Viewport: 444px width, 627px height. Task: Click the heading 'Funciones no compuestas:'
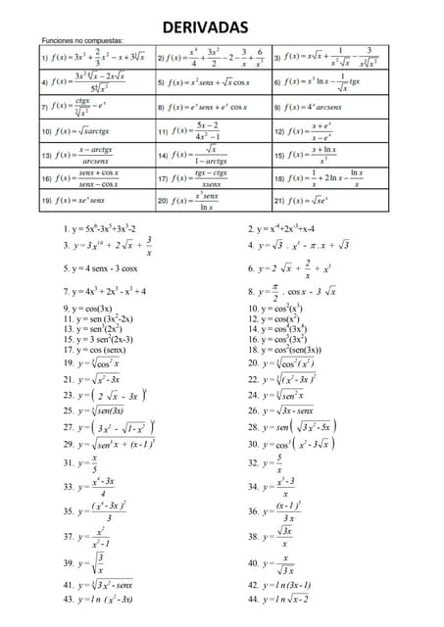[82, 42]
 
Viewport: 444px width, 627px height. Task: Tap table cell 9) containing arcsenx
[329, 107]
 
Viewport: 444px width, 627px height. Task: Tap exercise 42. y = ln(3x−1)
[280, 585]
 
